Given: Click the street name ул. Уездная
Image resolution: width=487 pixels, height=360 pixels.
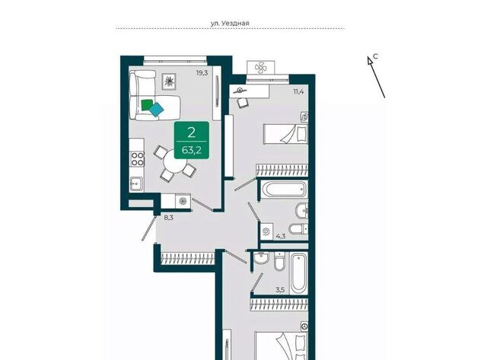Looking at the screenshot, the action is point(230,23).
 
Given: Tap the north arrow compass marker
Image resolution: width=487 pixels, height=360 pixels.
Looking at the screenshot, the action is point(376,77).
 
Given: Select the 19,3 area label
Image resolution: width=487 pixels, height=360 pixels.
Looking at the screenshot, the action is point(202,73).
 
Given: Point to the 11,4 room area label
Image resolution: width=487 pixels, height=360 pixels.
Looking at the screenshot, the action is point(298,91).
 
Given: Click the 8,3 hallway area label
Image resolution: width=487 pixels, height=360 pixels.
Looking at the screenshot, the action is point(169,218).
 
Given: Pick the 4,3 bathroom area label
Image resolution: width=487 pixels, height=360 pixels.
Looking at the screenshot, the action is point(281,237).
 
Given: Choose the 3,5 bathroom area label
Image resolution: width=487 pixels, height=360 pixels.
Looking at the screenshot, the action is point(280,291).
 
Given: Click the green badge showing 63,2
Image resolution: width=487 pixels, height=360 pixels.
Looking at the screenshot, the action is point(191,140).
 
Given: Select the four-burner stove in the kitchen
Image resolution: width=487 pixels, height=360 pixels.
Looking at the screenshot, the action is point(137,159).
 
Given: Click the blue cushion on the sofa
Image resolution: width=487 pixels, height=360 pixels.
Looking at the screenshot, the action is point(156,110).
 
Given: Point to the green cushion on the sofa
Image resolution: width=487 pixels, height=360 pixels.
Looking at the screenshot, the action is point(147,105).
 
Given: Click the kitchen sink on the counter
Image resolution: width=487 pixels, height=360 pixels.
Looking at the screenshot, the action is point(136,184).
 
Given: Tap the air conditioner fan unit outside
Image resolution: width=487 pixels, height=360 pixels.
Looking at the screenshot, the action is point(260,68).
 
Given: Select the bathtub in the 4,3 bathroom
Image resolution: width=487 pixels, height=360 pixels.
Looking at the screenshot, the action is point(284,190).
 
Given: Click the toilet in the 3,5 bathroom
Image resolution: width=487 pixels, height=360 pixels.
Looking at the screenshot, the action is point(279,262).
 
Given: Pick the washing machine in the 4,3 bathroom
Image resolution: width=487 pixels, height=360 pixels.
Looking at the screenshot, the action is point(266,231).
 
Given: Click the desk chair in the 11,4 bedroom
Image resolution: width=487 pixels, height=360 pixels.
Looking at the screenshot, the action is point(243,102).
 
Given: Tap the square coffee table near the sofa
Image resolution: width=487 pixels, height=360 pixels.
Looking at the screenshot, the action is point(169,81).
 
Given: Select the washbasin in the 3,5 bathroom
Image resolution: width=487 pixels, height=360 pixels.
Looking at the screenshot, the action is point(260,259).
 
